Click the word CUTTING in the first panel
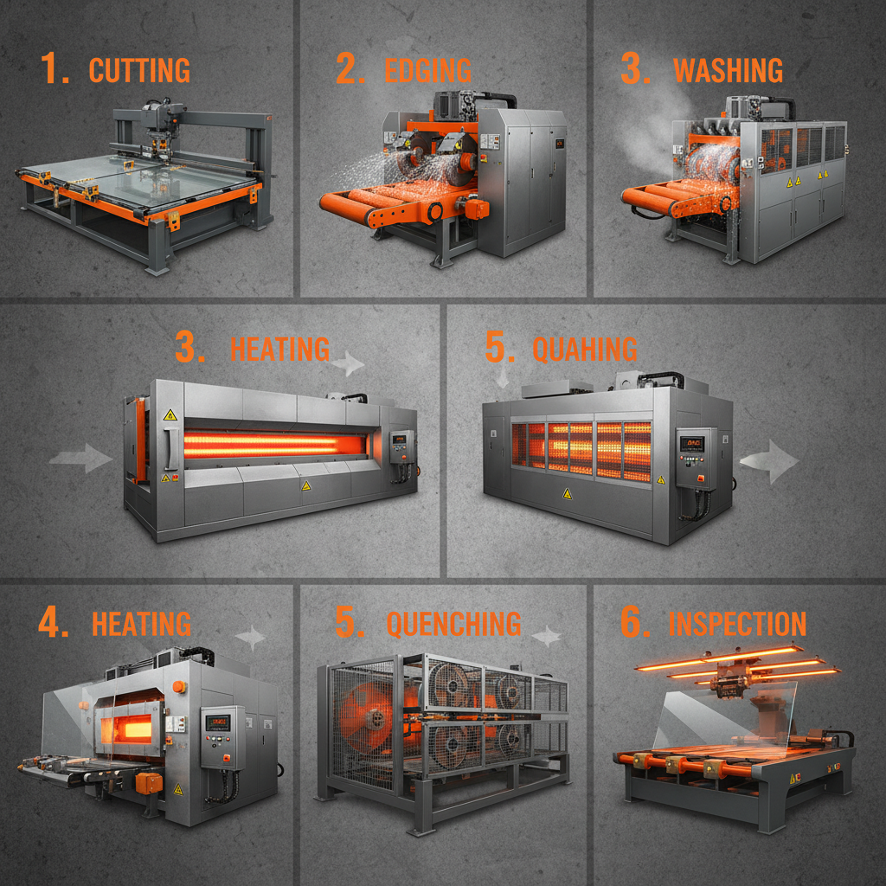coord(139,70)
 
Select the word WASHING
coord(728,70)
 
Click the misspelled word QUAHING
coord(585,349)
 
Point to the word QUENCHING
coord(453,623)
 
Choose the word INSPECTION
coord(737,623)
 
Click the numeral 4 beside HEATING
coord(54,623)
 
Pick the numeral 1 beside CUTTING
coord(54,70)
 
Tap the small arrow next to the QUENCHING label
coord(545,638)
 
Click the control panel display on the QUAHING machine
coord(692,444)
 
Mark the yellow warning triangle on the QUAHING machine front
coord(567,493)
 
